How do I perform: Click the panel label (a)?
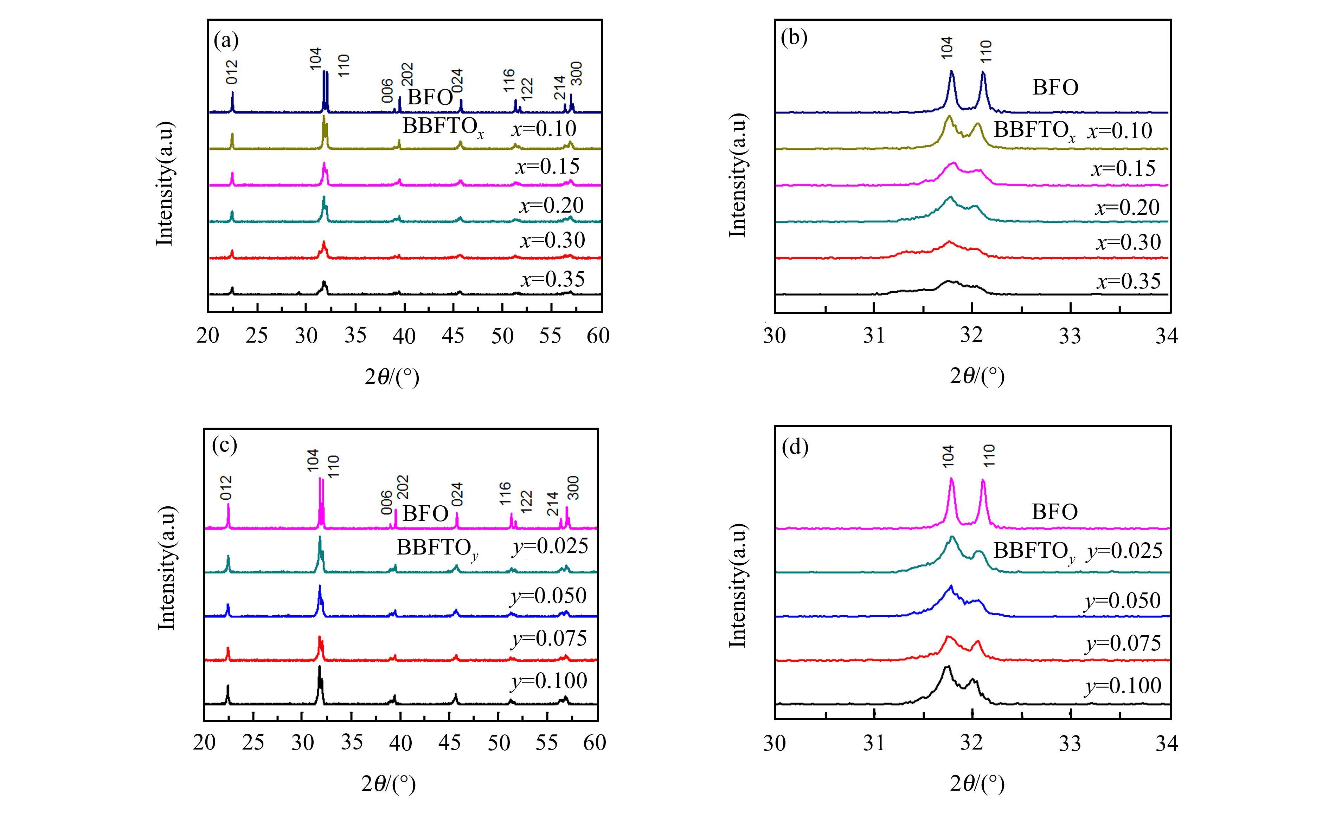pos(226,40)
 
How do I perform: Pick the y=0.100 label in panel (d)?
pos(1123,686)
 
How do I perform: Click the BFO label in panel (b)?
pos(1055,87)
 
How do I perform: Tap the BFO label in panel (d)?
pos(1054,512)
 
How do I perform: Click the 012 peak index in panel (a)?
pos(232,72)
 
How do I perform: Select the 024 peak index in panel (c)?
pos(457,495)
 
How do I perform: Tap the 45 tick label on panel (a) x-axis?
pos(453,335)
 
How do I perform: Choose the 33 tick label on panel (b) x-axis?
pos(1070,335)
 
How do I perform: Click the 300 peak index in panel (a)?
pos(576,73)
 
